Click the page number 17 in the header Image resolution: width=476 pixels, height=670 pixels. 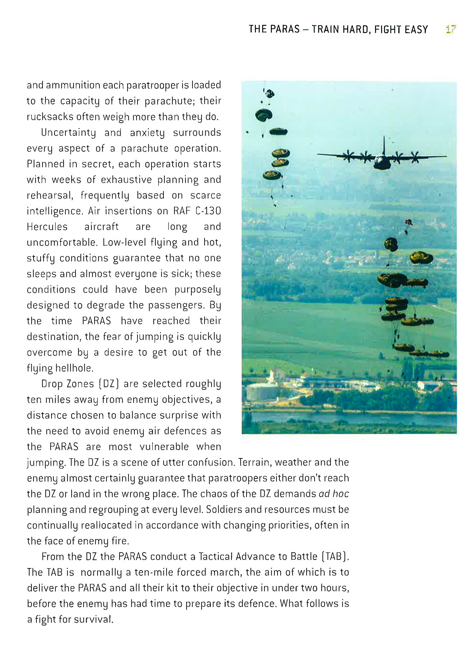[451, 29]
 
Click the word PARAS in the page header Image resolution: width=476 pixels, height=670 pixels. [285, 29]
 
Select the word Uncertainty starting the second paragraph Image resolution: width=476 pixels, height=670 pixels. [68, 133]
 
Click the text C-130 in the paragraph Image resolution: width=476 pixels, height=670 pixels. [208, 211]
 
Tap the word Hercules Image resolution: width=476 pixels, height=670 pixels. [47, 227]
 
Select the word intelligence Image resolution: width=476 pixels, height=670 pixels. [55, 211]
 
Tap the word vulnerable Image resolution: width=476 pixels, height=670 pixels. [164, 446]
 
